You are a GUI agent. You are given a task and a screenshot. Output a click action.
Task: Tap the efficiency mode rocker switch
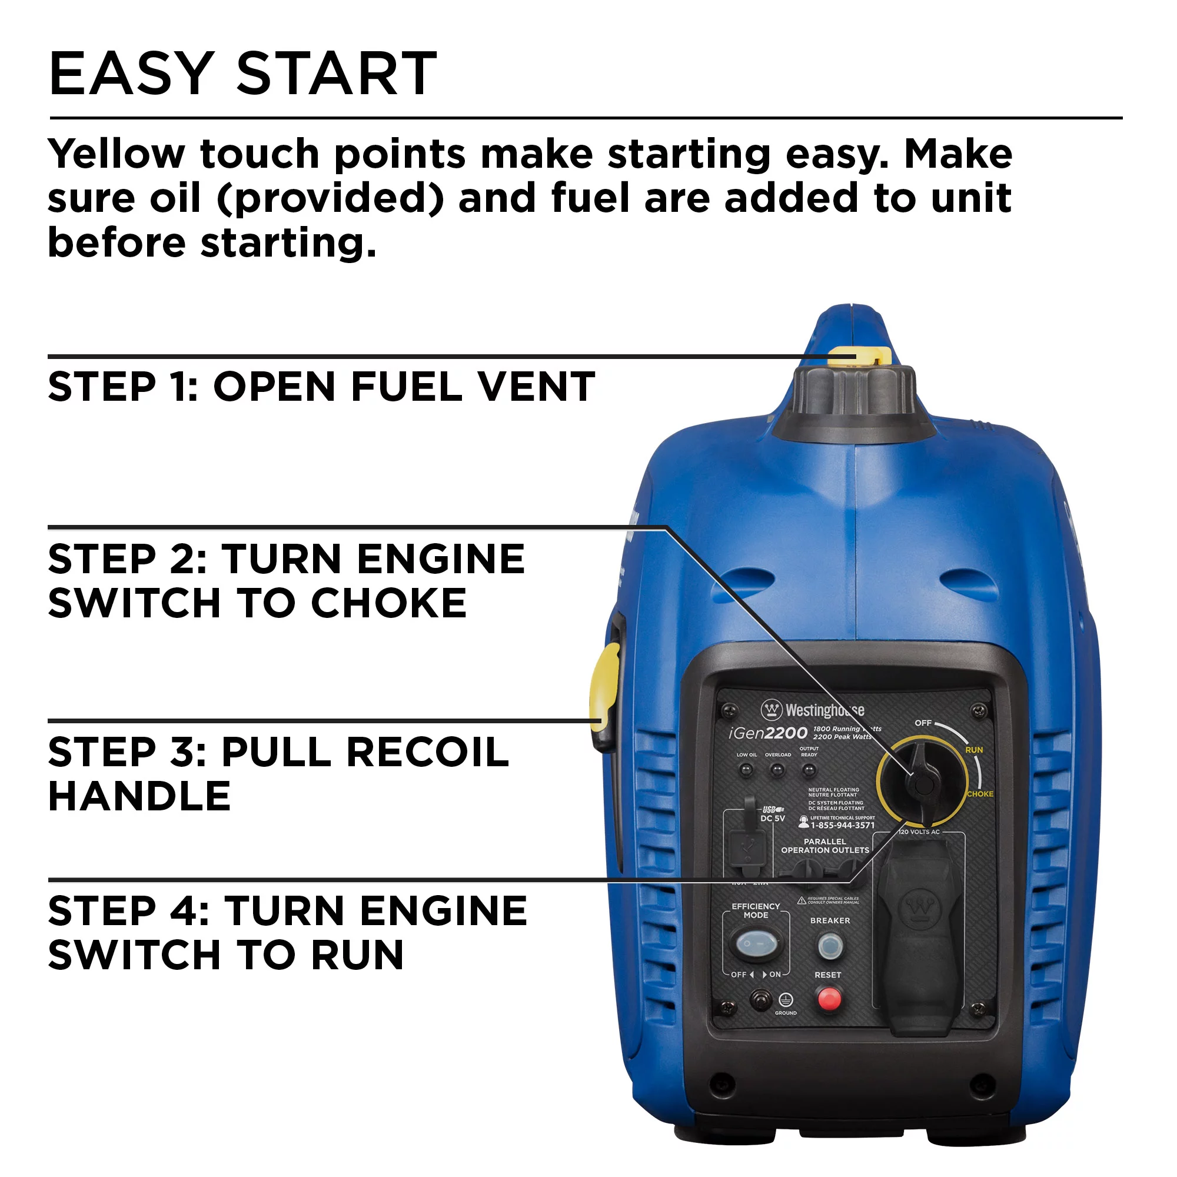(756, 945)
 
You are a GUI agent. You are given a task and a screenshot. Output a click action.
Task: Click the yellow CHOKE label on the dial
(980, 794)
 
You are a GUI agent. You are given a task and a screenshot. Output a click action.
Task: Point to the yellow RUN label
(973, 750)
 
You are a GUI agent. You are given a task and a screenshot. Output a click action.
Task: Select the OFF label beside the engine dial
(923, 723)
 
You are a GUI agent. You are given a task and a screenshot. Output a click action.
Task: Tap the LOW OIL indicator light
(746, 770)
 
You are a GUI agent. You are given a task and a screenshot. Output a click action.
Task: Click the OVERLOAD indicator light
(777, 770)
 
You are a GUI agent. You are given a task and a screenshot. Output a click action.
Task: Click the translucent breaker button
(829, 947)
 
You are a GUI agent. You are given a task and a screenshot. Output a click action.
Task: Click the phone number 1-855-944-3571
(842, 826)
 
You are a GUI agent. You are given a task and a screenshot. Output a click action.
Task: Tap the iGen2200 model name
(768, 733)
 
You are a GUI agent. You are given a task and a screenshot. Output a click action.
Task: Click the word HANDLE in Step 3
(139, 796)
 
